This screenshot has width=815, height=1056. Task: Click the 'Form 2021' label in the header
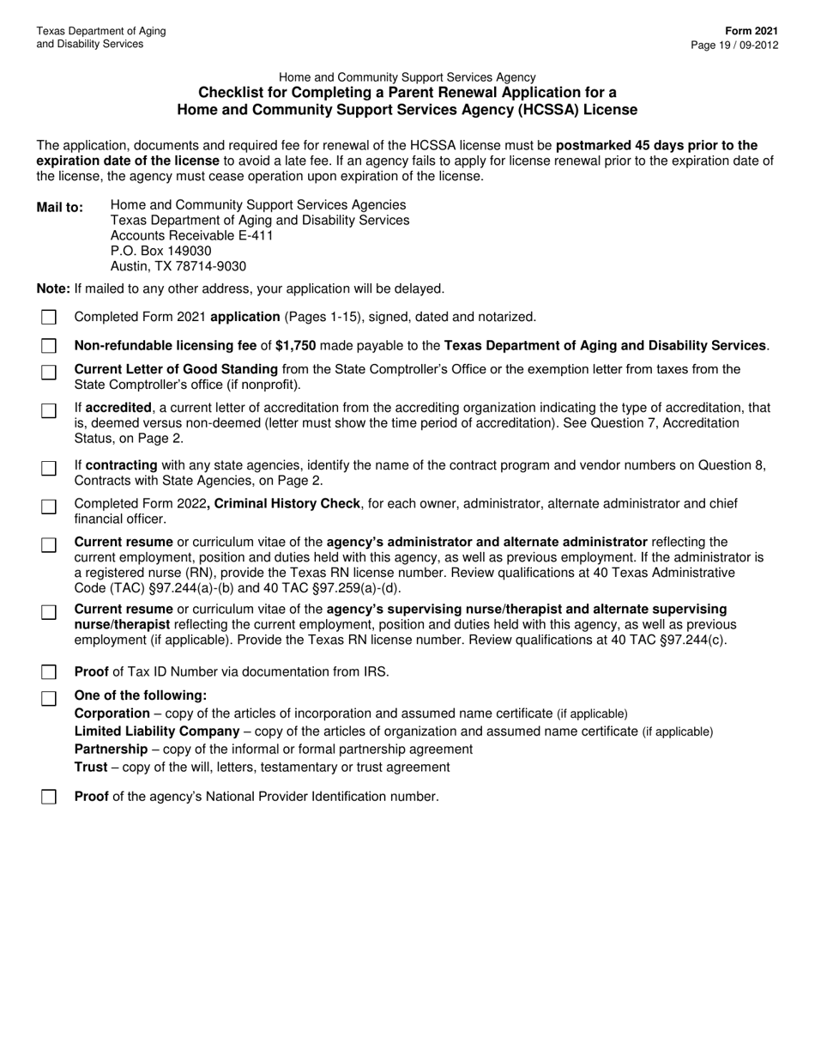point(756,31)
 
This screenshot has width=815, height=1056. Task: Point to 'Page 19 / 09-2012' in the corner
point(735,45)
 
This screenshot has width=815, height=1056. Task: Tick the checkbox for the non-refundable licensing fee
point(49,346)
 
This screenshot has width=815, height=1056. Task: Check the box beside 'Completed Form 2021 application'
point(49,318)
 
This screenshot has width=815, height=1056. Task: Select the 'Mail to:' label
point(60,208)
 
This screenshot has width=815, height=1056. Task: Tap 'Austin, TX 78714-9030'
point(178,267)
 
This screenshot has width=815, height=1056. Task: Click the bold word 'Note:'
point(53,288)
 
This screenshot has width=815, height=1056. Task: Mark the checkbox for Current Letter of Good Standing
point(49,372)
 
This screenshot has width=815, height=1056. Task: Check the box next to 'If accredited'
point(49,410)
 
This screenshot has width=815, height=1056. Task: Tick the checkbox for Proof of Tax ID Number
point(49,671)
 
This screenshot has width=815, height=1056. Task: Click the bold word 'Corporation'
point(112,713)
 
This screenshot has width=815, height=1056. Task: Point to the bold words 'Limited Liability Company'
point(157,731)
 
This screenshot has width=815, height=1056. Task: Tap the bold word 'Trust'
point(91,767)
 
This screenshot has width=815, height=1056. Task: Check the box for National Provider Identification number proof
point(49,797)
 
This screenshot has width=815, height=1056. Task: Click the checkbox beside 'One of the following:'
point(49,698)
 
